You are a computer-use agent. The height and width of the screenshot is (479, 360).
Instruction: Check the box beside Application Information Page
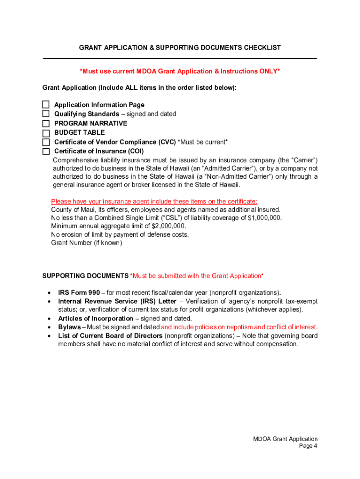(46, 105)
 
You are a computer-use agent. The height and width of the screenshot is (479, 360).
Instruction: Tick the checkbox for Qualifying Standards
(46, 114)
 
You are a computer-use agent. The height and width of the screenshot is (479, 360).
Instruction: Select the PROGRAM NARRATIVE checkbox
(46, 123)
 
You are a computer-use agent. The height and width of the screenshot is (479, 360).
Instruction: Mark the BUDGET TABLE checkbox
(46, 133)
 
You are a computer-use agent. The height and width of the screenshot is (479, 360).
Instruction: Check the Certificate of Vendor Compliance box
(46, 142)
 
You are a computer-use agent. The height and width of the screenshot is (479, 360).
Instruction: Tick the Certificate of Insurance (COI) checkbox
(46, 152)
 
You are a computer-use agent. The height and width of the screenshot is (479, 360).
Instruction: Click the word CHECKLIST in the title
(260, 48)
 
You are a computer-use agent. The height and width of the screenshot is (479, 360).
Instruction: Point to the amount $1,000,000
(265, 218)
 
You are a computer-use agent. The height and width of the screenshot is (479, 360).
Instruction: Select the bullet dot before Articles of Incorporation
(49, 319)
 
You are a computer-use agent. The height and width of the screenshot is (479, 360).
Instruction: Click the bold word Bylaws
(69, 327)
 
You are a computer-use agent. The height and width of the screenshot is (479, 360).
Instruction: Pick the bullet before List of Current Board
(49, 336)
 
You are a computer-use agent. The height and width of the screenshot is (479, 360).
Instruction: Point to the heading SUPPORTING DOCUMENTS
(85, 276)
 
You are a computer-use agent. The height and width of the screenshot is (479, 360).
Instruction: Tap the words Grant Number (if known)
(86, 243)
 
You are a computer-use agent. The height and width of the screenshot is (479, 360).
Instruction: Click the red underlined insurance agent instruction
(154, 202)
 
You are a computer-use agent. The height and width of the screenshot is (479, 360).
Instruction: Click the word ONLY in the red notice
(267, 71)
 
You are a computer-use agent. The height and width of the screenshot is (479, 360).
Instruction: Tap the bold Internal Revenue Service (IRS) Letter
(117, 301)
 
